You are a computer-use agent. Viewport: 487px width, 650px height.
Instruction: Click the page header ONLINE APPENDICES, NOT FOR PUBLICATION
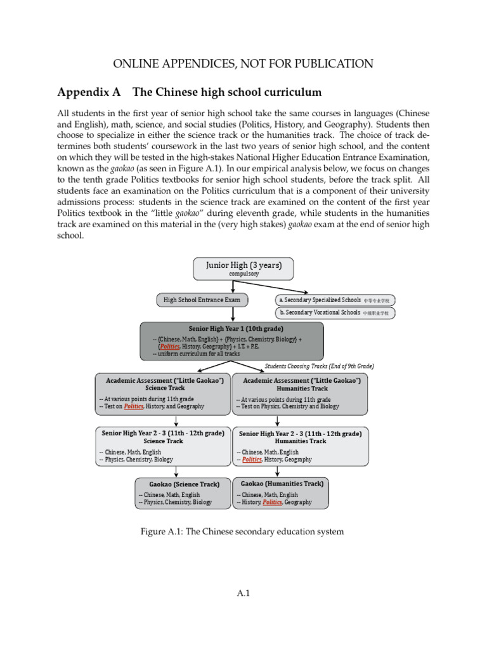tap(243, 63)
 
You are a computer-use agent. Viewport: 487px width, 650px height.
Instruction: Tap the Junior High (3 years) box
tap(243, 269)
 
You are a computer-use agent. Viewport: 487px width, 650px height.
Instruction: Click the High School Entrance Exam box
tap(202, 299)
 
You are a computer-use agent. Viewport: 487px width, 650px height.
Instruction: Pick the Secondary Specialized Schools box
tap(335, 299)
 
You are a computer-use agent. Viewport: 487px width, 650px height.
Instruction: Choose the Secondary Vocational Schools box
tap(335, 312)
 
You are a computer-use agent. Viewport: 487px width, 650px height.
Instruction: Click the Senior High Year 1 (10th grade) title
tap(231, 329)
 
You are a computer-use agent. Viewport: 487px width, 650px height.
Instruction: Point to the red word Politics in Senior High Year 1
tap(169, 347)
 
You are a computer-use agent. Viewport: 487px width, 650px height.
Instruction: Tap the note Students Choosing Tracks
tap(319, 366)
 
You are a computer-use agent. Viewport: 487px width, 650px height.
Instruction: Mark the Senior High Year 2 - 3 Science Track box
tap(163, 445)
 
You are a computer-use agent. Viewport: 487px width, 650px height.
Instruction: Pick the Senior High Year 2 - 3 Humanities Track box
tap(301, 445)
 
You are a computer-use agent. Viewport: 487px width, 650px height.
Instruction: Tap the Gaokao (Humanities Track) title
tap(282, 484)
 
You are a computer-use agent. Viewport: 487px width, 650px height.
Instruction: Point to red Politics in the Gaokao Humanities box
tap(272, 502)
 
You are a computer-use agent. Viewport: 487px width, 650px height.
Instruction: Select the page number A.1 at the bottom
tap(243, 594)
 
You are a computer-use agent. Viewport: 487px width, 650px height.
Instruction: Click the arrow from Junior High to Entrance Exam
tap(233, 286)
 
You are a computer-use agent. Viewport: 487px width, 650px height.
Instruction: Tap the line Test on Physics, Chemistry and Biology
tap(288, 406)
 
